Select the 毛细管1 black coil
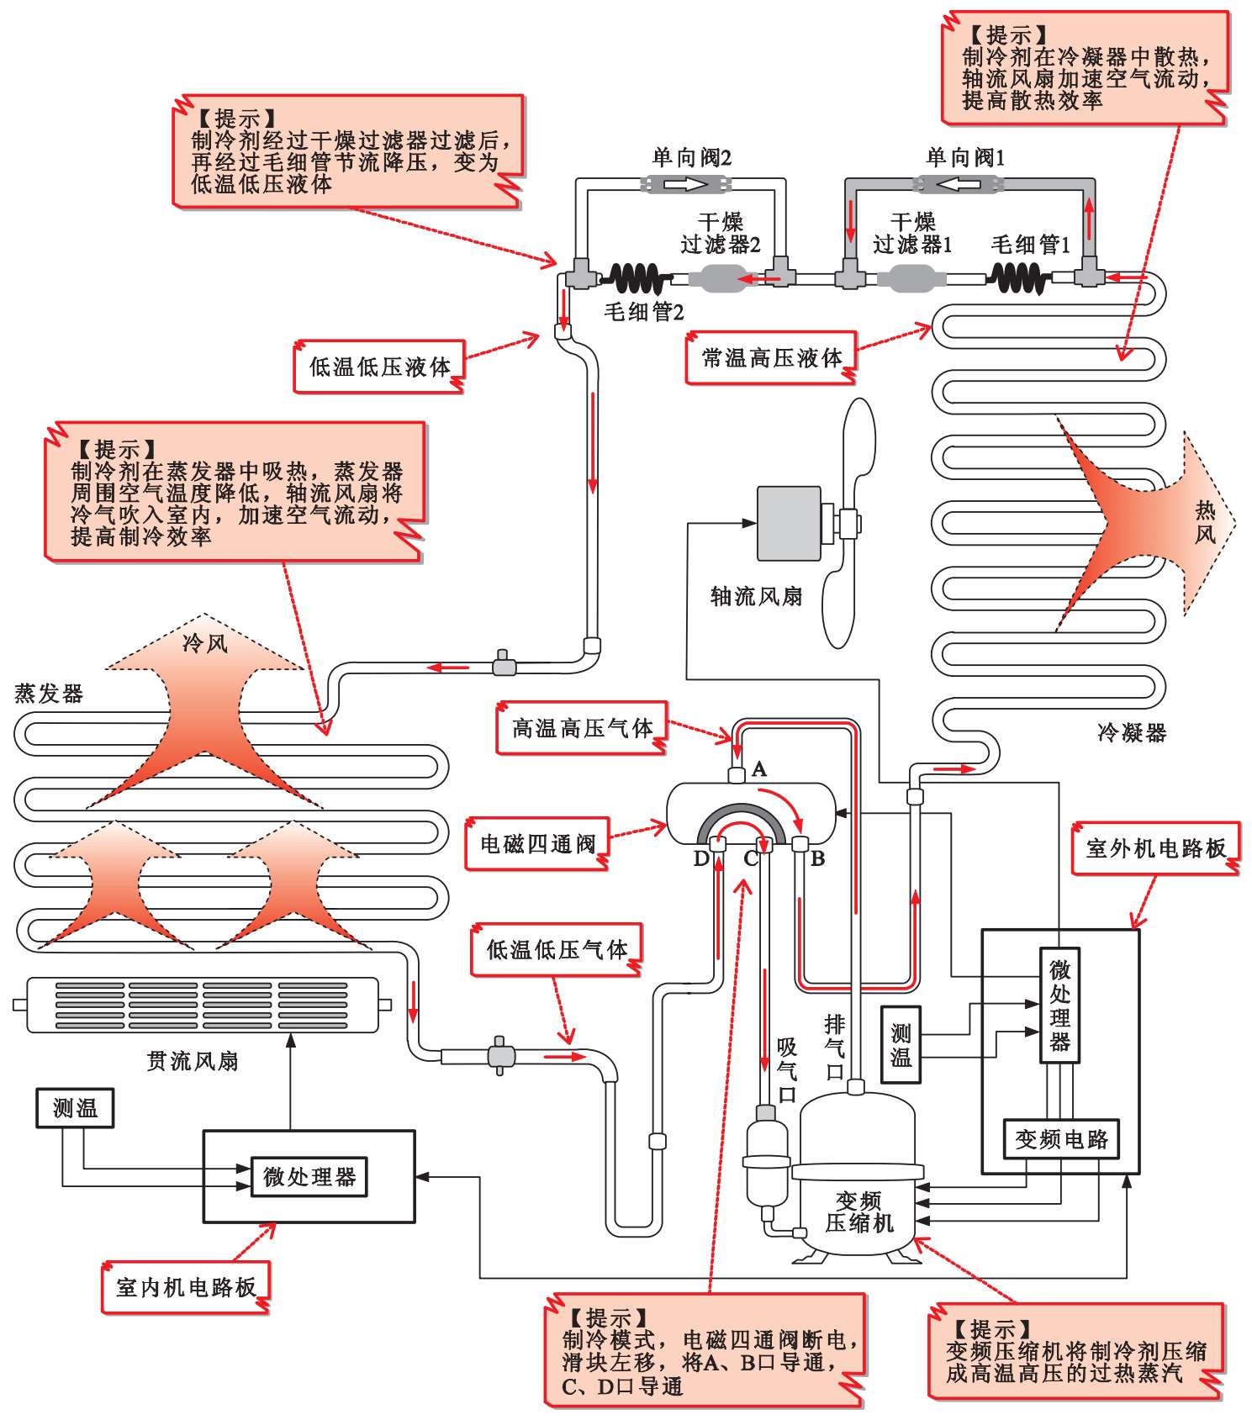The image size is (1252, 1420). click(x=1019, y=277)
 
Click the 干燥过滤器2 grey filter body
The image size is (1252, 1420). click(x=721, y=278)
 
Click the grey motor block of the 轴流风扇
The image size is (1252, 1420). click(x=789, y=523)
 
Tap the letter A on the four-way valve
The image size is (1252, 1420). click(x=758, y=768)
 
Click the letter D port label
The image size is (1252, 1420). click(x=700, y=858)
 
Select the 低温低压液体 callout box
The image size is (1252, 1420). click(x=379, y=367)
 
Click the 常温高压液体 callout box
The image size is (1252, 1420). click(x=771, y=358)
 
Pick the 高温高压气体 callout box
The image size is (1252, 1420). click(x=582, y=727)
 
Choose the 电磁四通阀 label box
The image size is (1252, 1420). click(x=537, y=843)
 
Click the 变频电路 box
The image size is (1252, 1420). click(x=1061, y=1139)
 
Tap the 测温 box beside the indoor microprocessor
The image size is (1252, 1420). click(x=75, y=1108)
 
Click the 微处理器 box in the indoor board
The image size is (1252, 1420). click(x=309, y=1176)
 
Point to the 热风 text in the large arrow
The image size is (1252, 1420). click(x=1205, y=521)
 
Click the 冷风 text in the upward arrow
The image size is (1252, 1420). click(x=204, y=643)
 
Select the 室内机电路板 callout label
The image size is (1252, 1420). click(x=186, y=1287)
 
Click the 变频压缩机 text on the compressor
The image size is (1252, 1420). click(x=858, y=1211)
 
